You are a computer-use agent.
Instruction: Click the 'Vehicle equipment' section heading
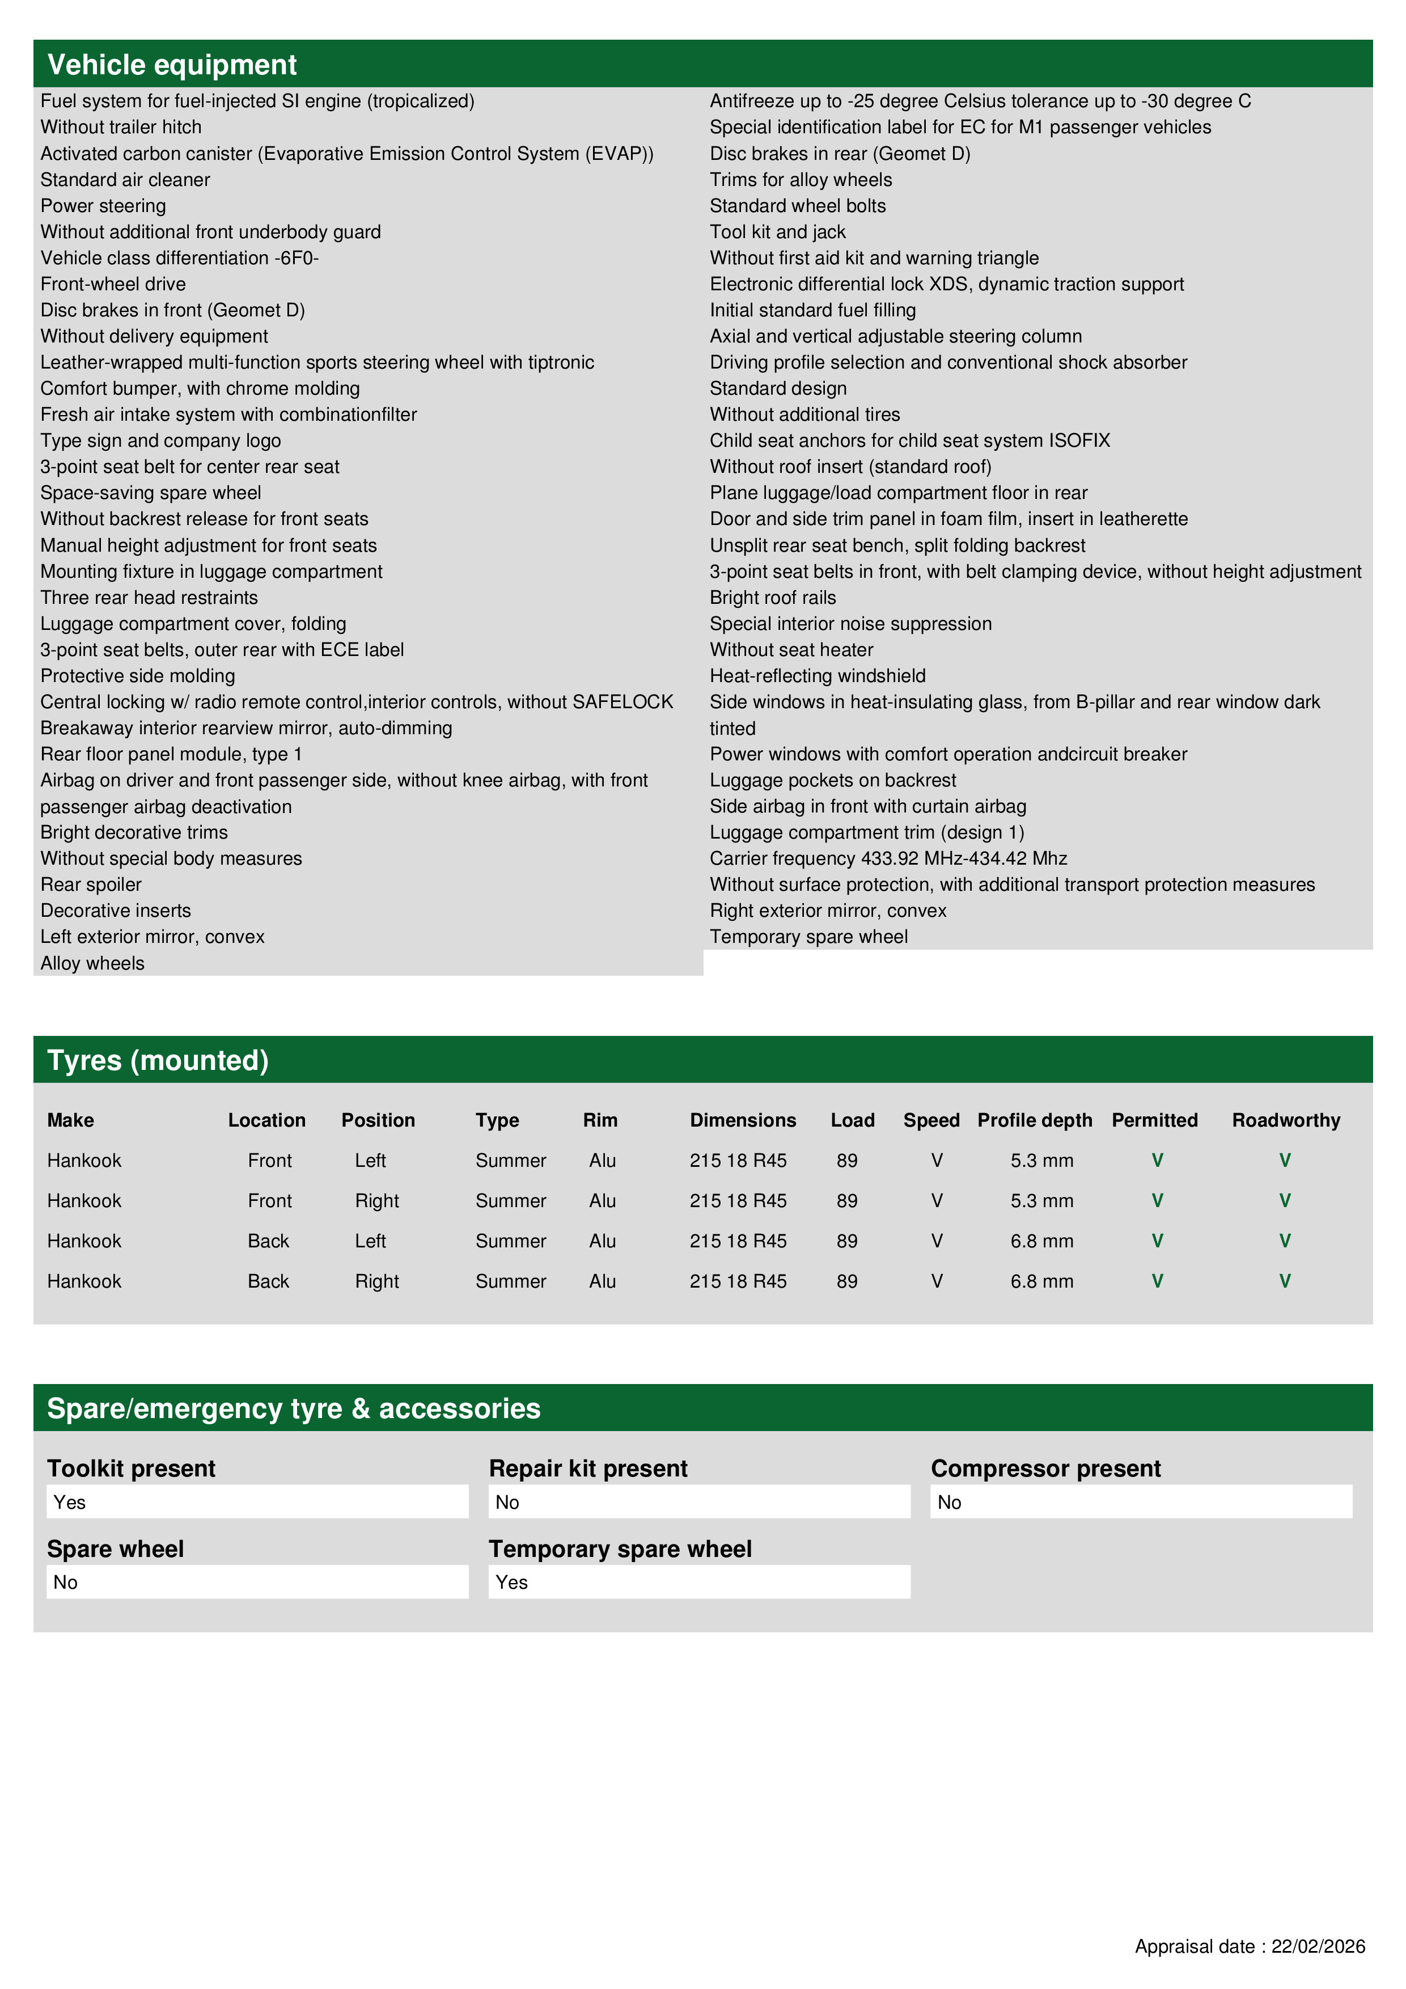172,65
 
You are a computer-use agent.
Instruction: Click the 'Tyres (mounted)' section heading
158,1060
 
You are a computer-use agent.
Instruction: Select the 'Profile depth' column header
1034,1120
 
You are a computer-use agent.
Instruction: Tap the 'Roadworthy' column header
1286,1120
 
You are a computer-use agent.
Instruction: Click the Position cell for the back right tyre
377,1281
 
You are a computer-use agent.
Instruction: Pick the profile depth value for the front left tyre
1041,1161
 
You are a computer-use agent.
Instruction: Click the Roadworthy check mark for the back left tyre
1285,1241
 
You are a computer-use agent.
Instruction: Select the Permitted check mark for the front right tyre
1157,1201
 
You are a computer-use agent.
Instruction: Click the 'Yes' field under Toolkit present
257,1502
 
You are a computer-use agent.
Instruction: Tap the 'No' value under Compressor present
1141,1502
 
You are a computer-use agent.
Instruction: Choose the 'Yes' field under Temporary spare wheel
699,1582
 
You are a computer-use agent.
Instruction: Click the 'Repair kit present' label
588,1469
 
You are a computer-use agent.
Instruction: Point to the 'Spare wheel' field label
115,1549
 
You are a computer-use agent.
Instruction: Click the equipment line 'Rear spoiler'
91,885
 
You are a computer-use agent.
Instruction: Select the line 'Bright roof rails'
773,598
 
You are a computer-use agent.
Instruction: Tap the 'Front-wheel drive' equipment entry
113,284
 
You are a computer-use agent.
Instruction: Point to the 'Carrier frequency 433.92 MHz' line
888,858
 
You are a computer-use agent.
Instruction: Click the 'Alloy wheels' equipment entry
92,963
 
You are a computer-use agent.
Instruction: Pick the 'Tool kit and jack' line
777,232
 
